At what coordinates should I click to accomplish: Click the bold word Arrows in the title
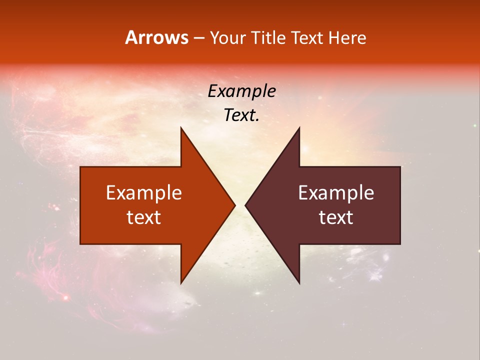click(157, 37)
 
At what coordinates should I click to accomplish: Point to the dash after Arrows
click(198, 38)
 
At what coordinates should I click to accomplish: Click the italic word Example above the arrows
click(241, 91)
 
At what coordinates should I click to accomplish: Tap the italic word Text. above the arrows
click(241, 115)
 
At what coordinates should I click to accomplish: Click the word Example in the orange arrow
click(144, 193)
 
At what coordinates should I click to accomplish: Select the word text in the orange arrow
click(144, 217)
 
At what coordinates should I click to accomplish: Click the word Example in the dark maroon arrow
click(336, 193)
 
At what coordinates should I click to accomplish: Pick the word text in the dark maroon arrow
click(336, 217)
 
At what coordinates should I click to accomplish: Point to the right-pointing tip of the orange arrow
click(235, 205)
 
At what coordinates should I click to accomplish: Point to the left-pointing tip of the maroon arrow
click(245, 205)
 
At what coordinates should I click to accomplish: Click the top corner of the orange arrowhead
click(181, 127)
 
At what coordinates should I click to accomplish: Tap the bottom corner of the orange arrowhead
click(181, 283)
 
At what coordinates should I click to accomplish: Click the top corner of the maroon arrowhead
click(299, 127)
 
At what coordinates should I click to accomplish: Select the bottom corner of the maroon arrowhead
click(299, 283)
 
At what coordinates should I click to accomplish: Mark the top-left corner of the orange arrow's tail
click(81, 167)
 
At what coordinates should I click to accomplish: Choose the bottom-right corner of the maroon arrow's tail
click(400, 243)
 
